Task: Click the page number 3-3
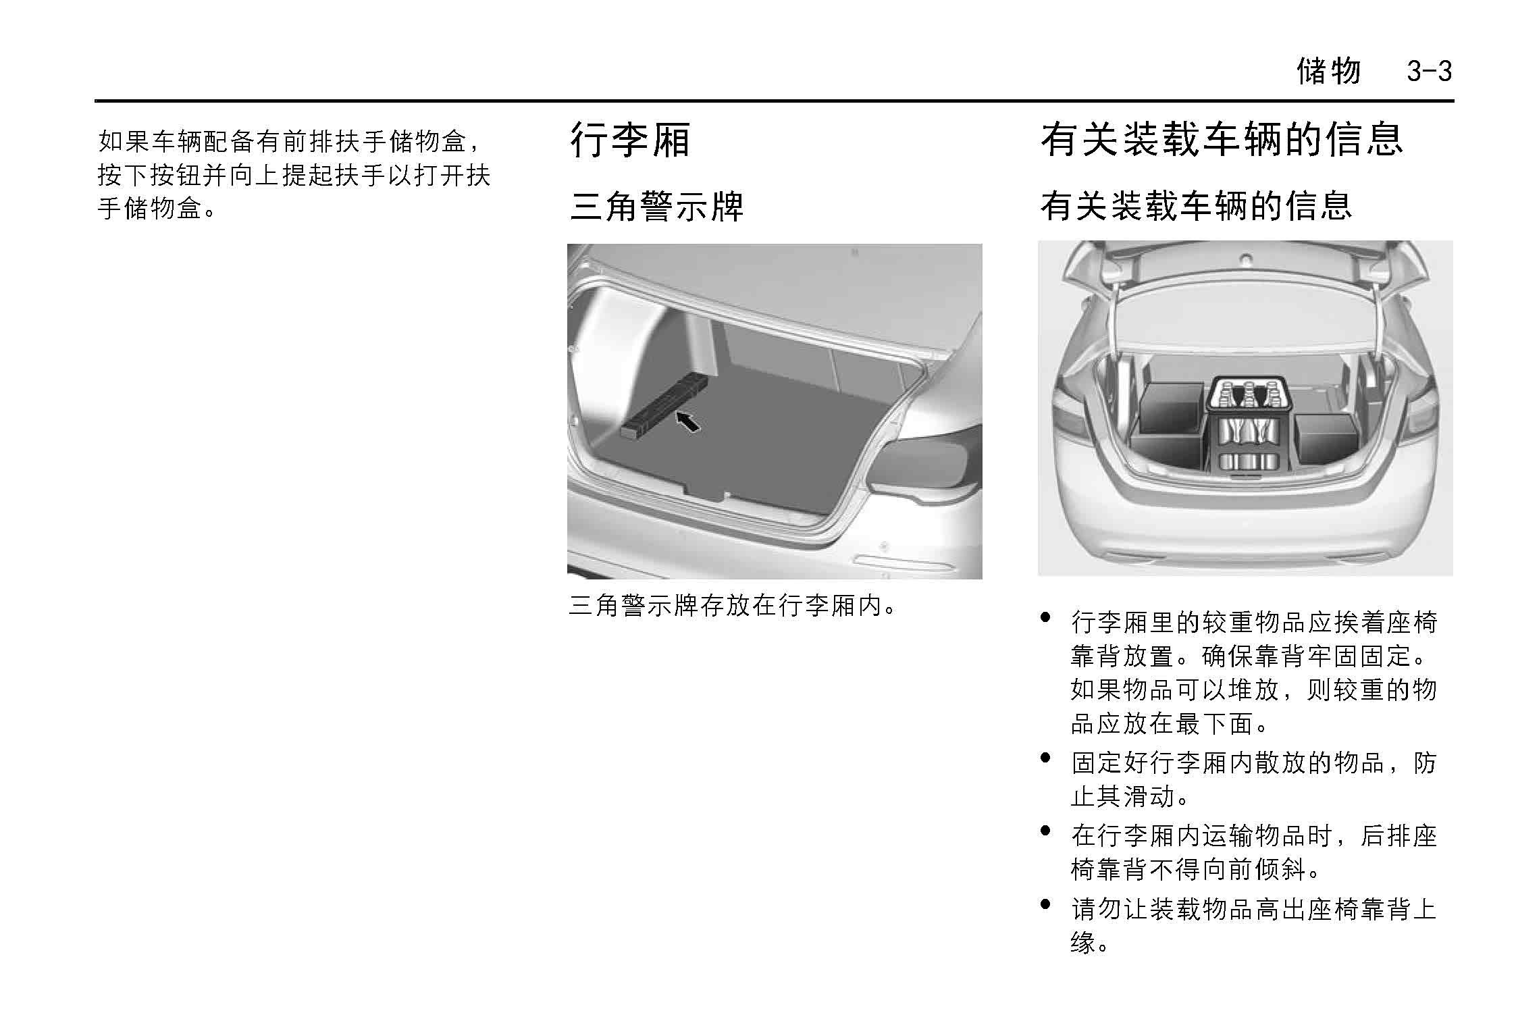point(1429,71)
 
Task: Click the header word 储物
point(1328,71)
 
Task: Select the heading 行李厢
point(630,140)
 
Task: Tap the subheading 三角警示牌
point(656,206)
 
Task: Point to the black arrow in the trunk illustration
point(688,421)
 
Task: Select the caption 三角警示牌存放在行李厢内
point(733,605)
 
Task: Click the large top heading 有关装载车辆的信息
point(1222,140)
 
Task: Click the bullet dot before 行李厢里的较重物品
point(1046,617)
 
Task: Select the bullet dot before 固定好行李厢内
point(1046,758)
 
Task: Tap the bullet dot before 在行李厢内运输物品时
point(1046,831)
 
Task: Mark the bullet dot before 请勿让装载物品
point(1046,904)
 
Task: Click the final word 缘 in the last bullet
point(1083,941)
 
